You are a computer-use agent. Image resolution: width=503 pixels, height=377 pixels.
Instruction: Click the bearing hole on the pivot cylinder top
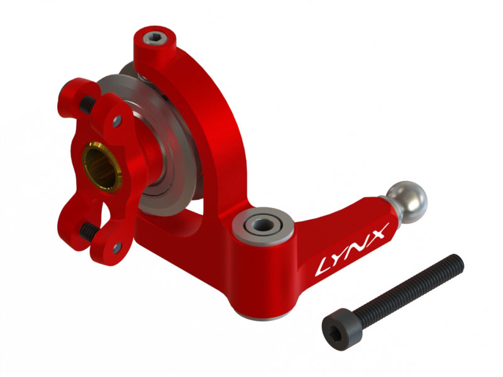coord(259,223)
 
